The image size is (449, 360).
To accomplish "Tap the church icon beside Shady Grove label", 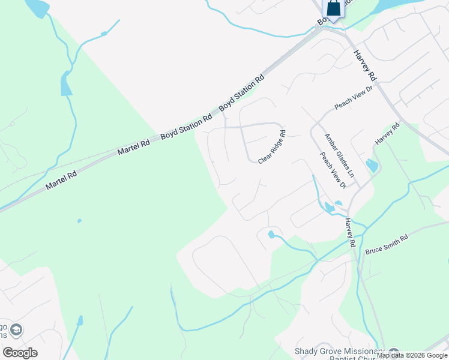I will coord(394,352).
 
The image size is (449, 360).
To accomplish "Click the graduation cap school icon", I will coord(16,331).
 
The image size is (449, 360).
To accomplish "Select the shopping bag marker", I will coord(333,8).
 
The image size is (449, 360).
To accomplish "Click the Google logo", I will coord(20,352).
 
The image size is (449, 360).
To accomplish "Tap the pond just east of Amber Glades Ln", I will coord(372,165).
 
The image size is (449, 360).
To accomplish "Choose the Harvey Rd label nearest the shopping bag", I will coord(364,65).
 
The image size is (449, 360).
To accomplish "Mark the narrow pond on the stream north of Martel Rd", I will coord(65,86).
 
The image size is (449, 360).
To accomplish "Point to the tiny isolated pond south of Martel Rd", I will coord(79,221).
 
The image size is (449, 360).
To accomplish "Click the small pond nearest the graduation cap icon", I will coord(79,321).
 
